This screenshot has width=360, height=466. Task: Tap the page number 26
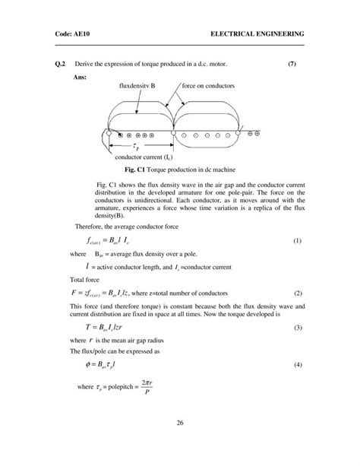(179, 423)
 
